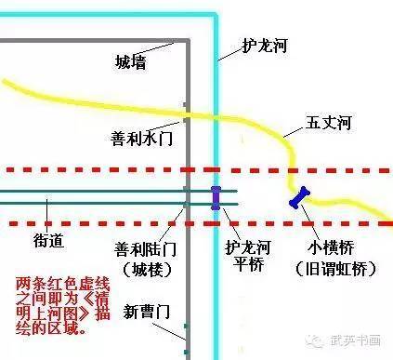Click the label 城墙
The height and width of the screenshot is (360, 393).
130,63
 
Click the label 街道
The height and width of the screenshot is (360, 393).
48,240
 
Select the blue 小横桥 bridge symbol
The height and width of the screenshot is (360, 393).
298,198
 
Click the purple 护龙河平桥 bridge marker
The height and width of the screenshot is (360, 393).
216,198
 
